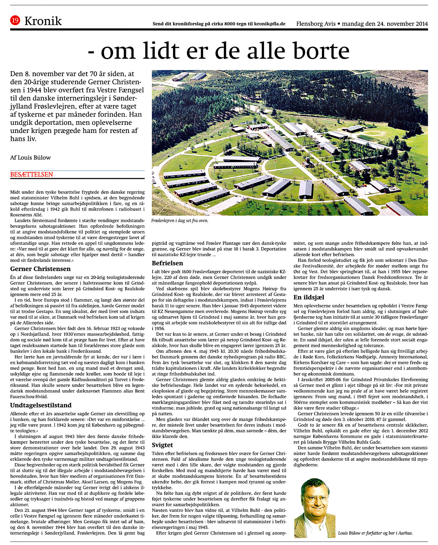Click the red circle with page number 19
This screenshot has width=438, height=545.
click(15, 21)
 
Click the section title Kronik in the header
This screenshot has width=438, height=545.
click(43, 21)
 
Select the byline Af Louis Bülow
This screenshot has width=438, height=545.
click(30, 157)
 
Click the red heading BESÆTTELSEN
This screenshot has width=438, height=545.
click(32, 175)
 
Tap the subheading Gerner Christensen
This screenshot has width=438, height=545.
click(40, 269)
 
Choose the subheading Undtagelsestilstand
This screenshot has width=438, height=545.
click(41, 405)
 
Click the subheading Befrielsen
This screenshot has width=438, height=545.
click(168, 263)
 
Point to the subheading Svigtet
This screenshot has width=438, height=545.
click(162, 445)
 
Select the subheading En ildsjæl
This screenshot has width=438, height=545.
click(309, 297)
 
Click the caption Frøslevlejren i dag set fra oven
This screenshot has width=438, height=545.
click(180, 220)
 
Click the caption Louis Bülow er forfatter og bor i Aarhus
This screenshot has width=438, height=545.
click(375, 533)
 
